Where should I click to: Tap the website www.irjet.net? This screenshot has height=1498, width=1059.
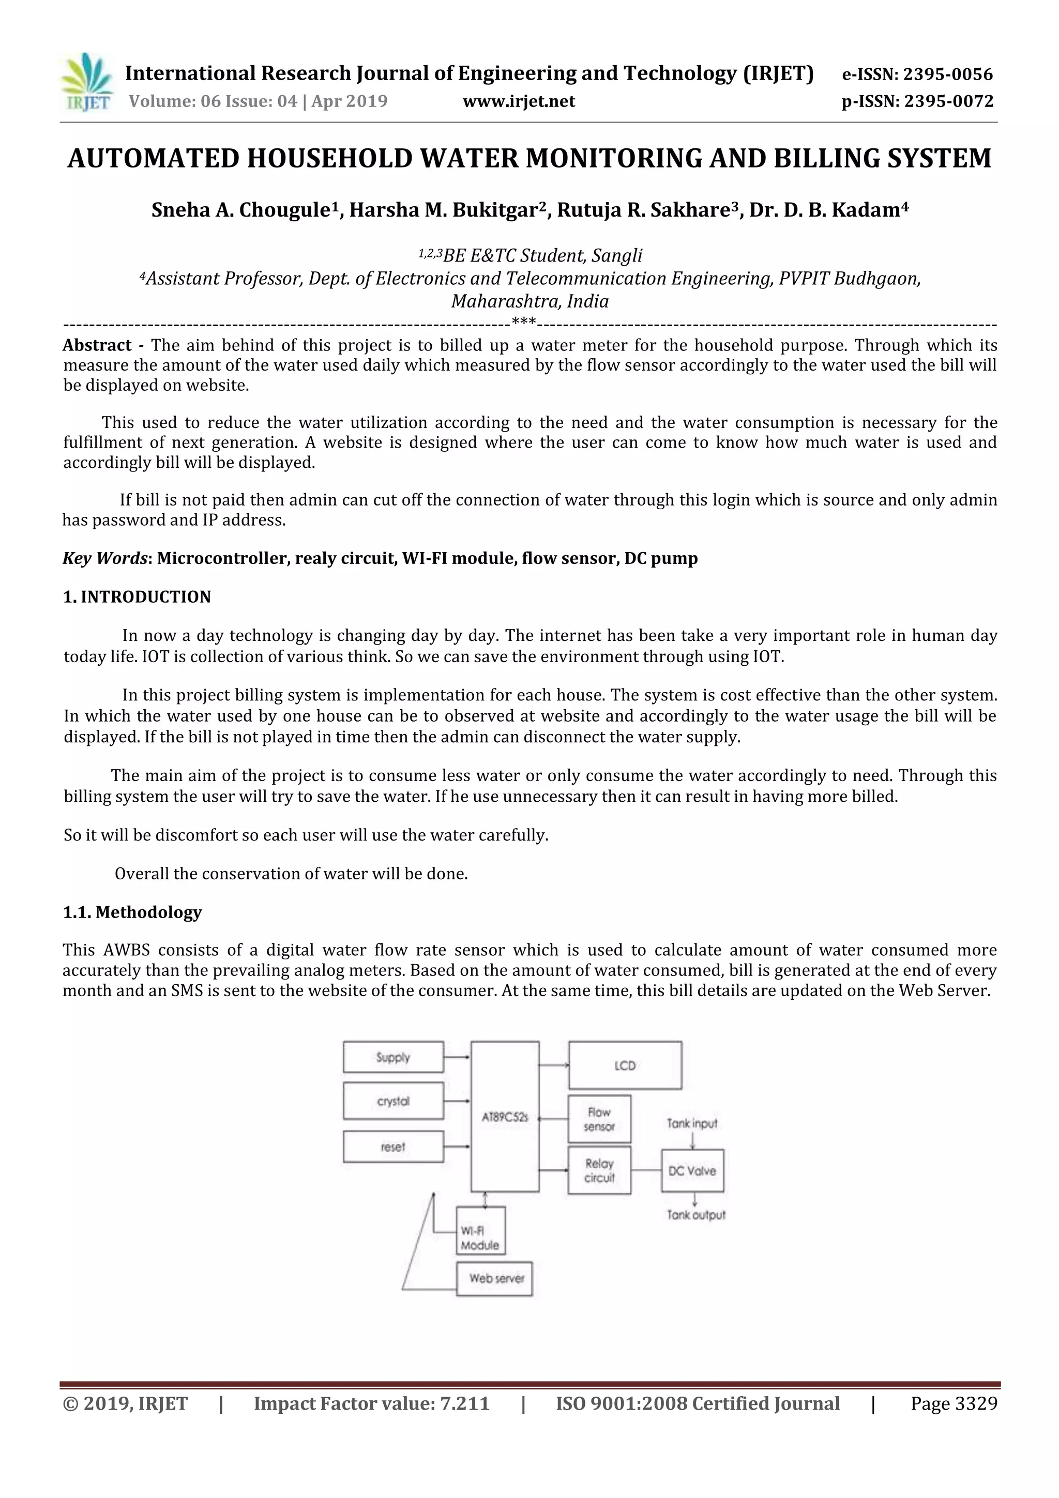pos(519,101)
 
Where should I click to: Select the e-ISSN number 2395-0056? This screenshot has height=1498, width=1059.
pos(947,74)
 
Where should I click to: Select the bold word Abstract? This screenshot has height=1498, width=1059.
pos(97,345)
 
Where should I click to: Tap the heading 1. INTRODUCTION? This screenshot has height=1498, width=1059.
pos(137,597)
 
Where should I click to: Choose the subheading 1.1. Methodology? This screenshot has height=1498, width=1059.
pos(132,912)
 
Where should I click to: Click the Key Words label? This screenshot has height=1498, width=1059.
pos(105,558)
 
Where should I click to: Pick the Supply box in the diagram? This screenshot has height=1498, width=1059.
pos(393,1057)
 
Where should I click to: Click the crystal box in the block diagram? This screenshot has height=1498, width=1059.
pos(393,1102)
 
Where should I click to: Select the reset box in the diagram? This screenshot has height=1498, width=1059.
pos(393,1147)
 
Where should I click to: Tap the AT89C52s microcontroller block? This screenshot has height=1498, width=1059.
pos(504,1117)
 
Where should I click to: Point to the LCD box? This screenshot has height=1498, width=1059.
pos(625,1065)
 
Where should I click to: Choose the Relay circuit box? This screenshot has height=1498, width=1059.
pos(599,1170)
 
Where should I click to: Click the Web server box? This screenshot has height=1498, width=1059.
pos(494,1278)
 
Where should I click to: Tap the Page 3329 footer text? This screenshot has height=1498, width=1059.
pos(954,1404)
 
